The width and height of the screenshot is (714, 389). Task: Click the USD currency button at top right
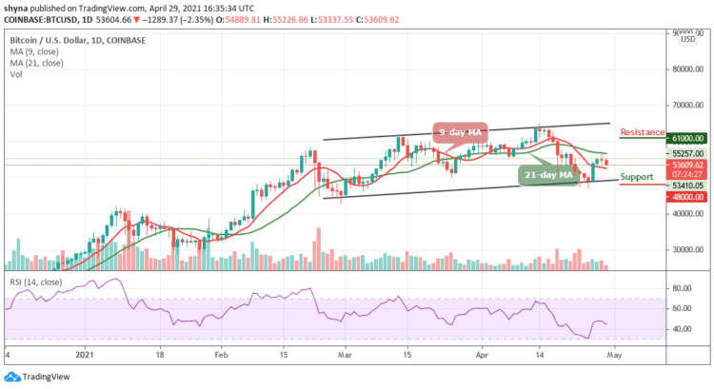[x=685, y=40]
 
